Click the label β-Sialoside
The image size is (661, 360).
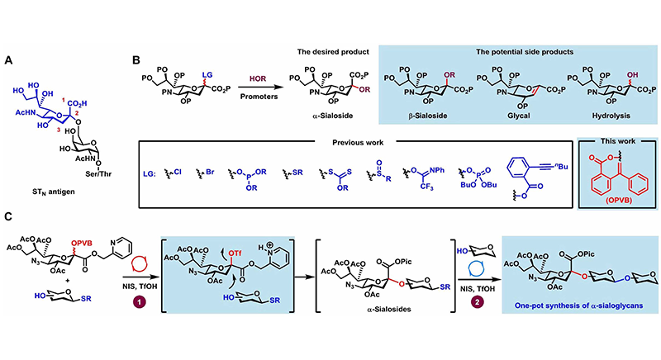410,117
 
